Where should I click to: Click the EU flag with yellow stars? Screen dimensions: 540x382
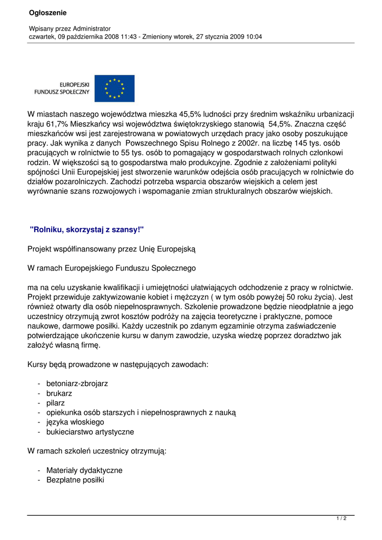114,88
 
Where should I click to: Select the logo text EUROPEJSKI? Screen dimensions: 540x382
74,84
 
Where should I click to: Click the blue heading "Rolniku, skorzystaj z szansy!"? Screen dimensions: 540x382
87,229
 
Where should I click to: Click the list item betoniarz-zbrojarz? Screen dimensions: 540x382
77,384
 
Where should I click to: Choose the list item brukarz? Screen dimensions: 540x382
59,393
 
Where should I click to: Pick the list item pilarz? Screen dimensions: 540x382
55,403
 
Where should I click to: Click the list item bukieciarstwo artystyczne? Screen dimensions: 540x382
90,432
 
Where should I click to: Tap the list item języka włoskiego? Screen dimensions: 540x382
75,422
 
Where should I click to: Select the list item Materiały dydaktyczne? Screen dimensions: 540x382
84,470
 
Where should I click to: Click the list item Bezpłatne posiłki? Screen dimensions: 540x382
75,480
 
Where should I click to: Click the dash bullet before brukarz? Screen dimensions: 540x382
40,393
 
